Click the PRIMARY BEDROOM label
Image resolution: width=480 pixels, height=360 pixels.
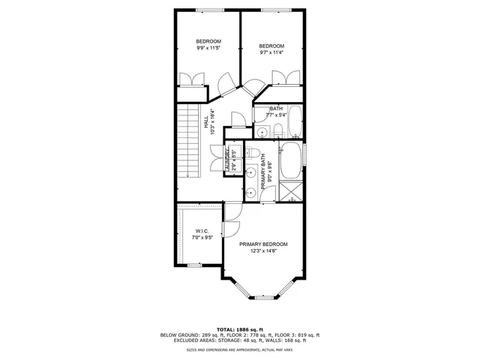click(263, 244)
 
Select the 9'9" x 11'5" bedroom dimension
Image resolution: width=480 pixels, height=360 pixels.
click(208, 48)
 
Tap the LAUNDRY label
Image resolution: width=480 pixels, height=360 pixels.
click(227, 158)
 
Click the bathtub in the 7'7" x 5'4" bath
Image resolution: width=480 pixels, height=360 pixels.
click(293, 121)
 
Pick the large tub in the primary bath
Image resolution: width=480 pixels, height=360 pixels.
click(291, 160)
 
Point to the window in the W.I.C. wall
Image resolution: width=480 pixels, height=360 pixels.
click(194, 265)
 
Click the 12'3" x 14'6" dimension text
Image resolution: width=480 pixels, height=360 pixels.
click(263, 252)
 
